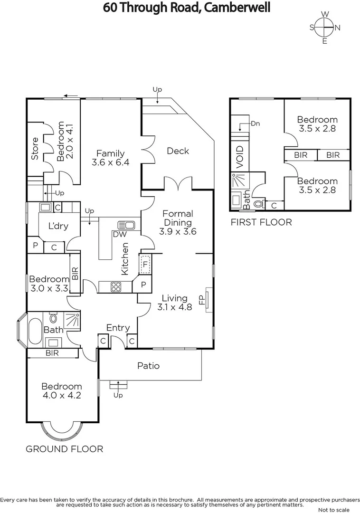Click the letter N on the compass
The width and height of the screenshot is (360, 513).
point(338,28)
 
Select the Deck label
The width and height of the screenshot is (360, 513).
point(178,151)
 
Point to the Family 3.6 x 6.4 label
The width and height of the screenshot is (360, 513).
point(110,158)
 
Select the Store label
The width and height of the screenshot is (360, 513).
point(35,148)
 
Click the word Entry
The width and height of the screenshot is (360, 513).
point(118,328)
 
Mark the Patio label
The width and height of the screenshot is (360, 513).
point(148,366)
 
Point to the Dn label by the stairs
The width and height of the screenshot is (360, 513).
point(256,123)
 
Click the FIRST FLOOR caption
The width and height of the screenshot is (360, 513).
point(261,222)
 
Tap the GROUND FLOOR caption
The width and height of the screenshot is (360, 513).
point(64,449)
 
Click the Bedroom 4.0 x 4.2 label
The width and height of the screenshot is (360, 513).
point(61,390)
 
